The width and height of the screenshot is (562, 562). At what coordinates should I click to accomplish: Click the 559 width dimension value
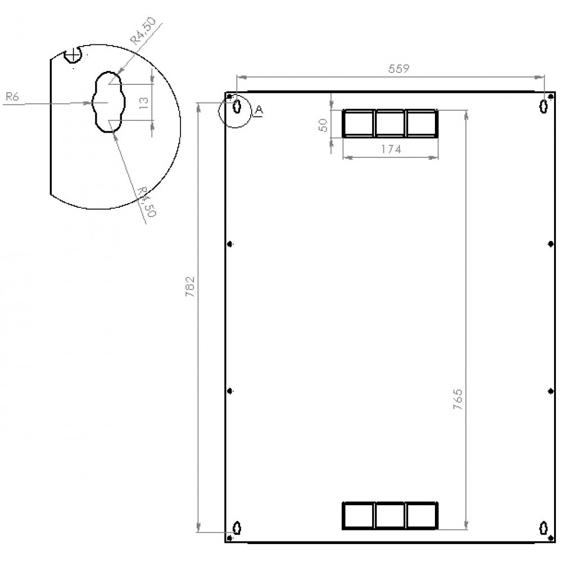pos(398,69)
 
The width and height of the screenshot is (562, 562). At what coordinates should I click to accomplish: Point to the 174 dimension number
pos(390,149)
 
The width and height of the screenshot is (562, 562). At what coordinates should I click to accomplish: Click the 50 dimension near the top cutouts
pos(323,125)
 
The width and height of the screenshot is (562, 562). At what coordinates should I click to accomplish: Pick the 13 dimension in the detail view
pos(143,102)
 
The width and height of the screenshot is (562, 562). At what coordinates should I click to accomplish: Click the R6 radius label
pos(12,97)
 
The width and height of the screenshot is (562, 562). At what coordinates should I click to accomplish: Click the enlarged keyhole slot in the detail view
pos(107,102)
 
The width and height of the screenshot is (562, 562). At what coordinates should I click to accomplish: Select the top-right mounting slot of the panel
pos(543,106)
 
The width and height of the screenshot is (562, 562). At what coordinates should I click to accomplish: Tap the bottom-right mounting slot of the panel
pos(543,528)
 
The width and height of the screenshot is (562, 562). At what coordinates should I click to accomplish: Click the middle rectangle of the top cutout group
pos(390,124)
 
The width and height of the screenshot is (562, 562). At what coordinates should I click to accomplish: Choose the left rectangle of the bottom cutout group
pos(358,515)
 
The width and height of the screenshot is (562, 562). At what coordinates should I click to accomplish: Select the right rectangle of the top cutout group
pos(422,124)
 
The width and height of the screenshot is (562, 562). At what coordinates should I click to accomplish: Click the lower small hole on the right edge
pos(550,390)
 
